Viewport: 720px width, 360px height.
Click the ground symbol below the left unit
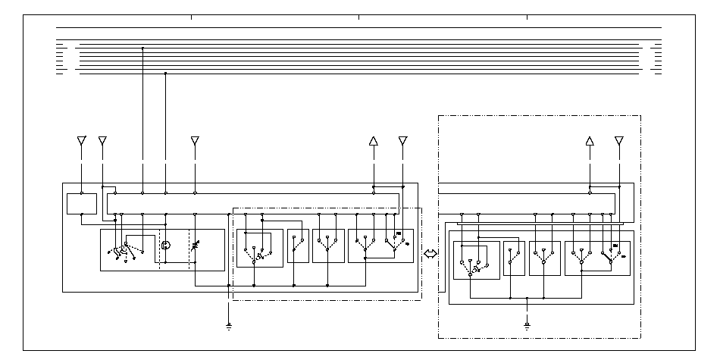(x=229, y=327)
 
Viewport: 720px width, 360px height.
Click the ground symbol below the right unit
(x=527, y=327)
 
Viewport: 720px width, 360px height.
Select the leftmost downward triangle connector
(x=82, y=141)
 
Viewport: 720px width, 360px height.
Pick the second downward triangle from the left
(x=103, y=141)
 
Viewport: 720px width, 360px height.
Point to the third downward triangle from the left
(x=195, y=141)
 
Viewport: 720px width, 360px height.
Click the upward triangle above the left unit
(x=373, y=141)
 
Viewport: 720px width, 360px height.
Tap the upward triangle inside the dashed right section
(x=590, y=141)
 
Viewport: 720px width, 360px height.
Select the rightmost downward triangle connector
(x=619, y=141)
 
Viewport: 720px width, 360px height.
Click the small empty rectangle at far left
(x=82, y=204)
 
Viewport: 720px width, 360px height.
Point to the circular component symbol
(x=166, y=245)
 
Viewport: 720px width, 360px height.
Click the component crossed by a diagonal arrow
(x=195, y=246)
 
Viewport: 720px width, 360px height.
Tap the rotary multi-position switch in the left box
(x=125, y=248)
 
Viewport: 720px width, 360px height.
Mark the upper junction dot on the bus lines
(x=142, y=49)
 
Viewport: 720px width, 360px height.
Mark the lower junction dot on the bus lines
(x=166, y=74)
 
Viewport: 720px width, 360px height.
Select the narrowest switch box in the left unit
(x=298, y=246)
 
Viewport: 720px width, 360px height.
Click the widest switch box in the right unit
(x=597, y=258)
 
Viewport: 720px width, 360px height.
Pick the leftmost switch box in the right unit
(x=476, y=260)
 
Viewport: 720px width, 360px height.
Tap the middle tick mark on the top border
(x=358, y=17)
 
